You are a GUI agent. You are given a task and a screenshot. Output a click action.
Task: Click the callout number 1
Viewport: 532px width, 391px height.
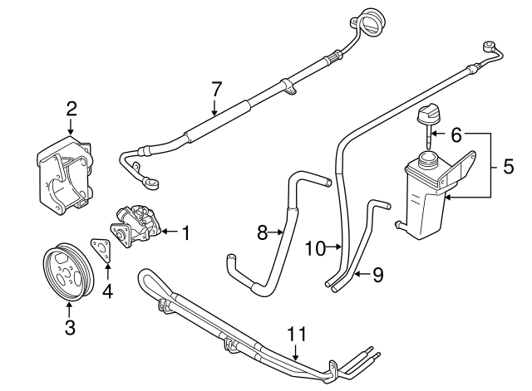pyautogui.click(x=185, y=234)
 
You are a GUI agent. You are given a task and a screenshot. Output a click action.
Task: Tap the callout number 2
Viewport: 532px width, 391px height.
pyautogui.click(x=71, y=107)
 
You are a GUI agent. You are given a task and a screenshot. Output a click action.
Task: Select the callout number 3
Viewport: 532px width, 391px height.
pyautogui.click(x=70, y=327)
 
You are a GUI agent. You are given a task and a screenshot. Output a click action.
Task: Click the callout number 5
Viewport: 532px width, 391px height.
pyautogui.click(x=507, y=165)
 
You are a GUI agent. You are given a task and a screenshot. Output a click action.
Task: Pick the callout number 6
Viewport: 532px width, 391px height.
pyautogui.click(x=455, y=133)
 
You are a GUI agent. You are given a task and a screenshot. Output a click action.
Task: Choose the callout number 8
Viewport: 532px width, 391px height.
pyautogui.click(x=263, y=233)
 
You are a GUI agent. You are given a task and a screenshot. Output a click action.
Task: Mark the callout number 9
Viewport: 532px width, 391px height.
pyautogui.click(x=377, y=274)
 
